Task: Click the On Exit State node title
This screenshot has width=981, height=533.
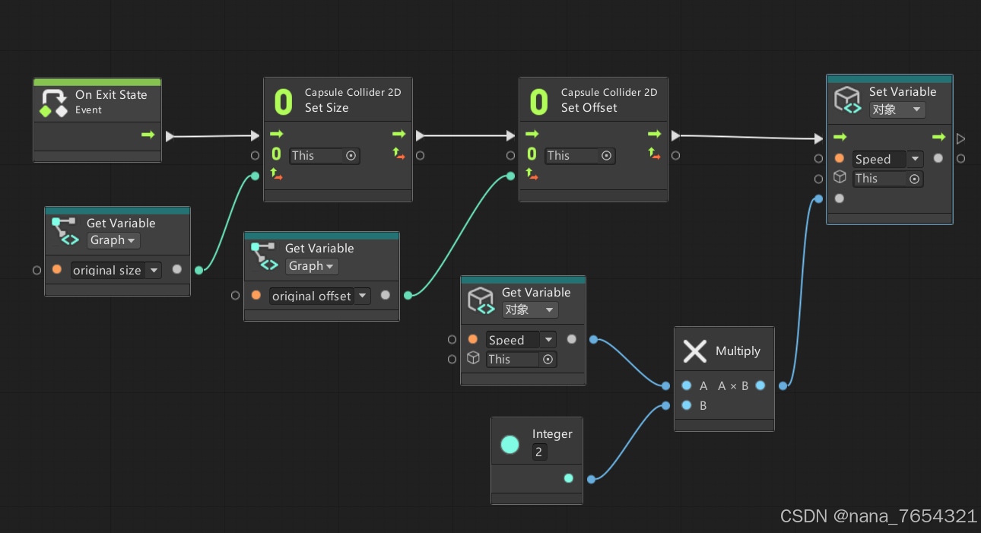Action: click(x=111, y=95)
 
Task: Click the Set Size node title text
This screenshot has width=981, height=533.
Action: click(x=326, y=108)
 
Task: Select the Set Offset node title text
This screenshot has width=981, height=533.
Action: click(x=589, y=108)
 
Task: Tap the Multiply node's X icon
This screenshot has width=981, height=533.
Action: click(x=695, y=351)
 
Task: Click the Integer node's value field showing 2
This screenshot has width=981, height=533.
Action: click(x=539, y=452)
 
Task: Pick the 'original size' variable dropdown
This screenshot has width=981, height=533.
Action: click(x=116, y=270)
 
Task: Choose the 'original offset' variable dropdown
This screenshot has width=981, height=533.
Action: click(x=319, y=296)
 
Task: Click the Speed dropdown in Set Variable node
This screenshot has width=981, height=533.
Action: click(x=887, y=159)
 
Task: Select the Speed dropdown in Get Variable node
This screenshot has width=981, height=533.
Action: click(x=522, y=340)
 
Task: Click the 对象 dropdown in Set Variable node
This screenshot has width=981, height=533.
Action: click(x=897, y=109)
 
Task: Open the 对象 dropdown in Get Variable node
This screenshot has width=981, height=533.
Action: click(x=530, y=310)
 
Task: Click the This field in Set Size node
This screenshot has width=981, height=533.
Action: click(x=325, y=156)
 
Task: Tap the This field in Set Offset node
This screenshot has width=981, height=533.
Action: click(x=580, y=156)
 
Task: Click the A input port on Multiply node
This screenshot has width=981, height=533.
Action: click(x=687, y=385)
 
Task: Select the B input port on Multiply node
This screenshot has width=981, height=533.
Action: click(x=687, y=405)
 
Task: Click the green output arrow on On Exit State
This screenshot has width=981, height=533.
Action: click(x=148, y=135)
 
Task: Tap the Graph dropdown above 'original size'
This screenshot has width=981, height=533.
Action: click(x=113, y=240)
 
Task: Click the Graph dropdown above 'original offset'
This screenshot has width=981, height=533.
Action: click(x=312, y=266)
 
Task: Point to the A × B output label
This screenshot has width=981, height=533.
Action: click(x=733, y=385)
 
